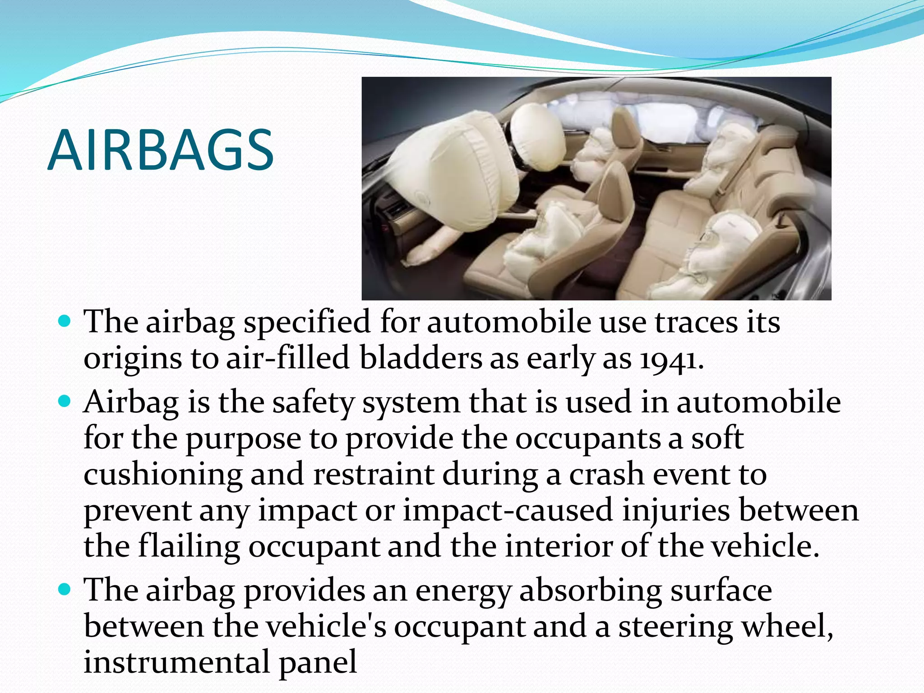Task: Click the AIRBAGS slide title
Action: pos(161,150)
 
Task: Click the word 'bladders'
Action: pos(420,358)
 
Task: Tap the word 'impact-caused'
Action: pos(508,511)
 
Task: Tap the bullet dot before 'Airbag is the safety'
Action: pos(65,401)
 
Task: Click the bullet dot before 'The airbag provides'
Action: pos(65,589)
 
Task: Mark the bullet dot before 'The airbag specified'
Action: pos(65,321)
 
